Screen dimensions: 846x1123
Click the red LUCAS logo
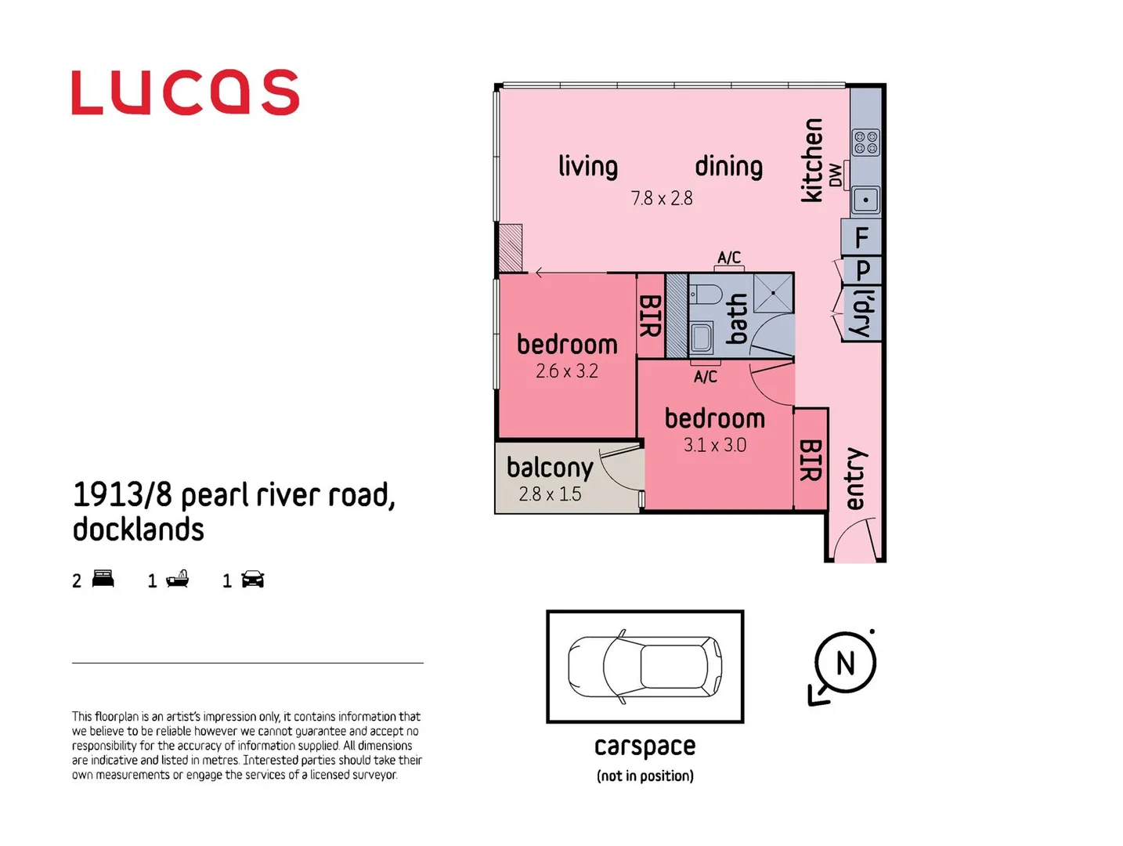(x=185, y=92)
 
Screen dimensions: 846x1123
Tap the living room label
(x=587, y=166)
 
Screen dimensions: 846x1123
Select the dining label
(x=728, y=166)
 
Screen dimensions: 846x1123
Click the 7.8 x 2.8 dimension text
(x=662, y=198)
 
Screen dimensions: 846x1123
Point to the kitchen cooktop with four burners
(x=865, y=143)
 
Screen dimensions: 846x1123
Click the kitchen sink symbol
(x=865, y=200)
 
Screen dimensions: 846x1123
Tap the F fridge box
(x=861, y=237)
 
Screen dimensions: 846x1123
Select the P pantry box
(x=862, y=270)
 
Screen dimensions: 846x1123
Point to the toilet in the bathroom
(x=706, y=295)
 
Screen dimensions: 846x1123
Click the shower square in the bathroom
(x=773, y=293)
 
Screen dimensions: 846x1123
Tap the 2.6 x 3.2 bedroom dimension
(x=566, y=371)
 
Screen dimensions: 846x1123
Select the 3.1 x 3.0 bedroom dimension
(x=714, y=445)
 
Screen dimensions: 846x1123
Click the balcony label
(x=549, y=468)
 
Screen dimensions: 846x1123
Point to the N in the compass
(x=845, y=663)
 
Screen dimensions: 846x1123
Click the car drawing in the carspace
(x=645, y=667)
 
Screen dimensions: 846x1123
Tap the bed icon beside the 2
(x=103, y=580)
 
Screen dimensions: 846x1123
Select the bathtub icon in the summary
(x=177, y=580)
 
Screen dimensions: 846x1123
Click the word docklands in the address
(x=139, y=530)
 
